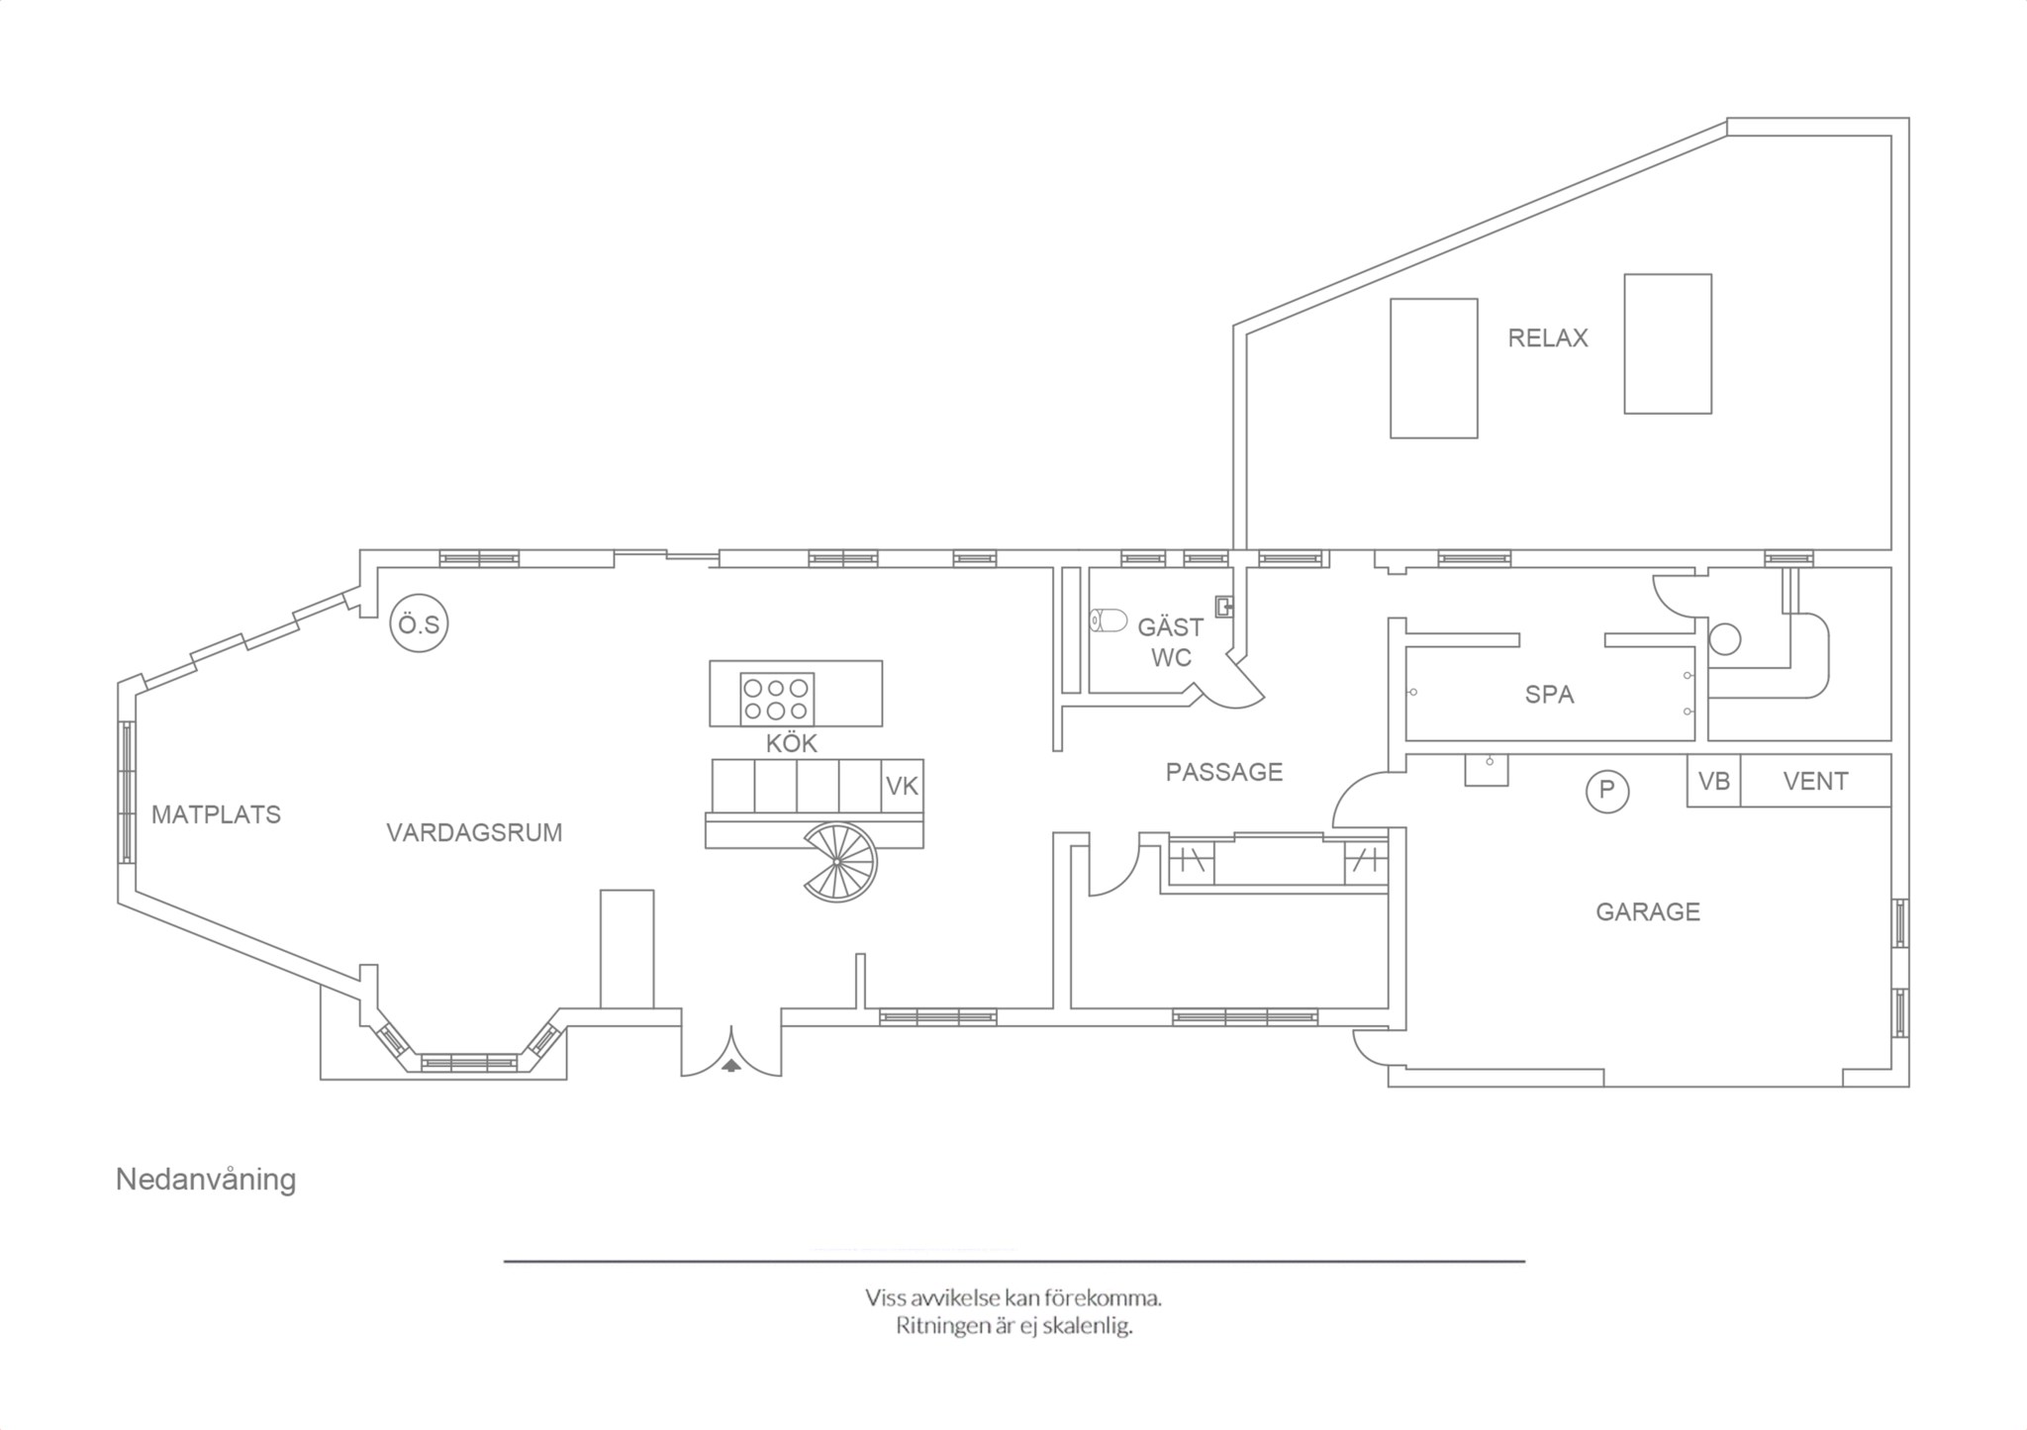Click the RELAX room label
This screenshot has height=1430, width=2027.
tap(1547, 338)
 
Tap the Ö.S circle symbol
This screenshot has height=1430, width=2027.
tap(419, 623)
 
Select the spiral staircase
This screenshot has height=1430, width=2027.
tap(839, 862)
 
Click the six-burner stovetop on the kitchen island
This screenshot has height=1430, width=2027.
tap(777, 699)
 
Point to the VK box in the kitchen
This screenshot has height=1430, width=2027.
tap(902, 787)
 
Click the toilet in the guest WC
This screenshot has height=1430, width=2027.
tap(1109, 620)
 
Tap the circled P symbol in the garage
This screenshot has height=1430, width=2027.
tap(1606, 791)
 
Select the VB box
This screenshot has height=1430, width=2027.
tap(1713, 781)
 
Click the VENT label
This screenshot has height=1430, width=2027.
tap(1815, 782)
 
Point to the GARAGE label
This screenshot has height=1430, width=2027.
tap(1648, 911)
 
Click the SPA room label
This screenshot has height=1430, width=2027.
tap(1549, 695)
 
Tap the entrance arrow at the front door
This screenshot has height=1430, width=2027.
tap(730, 1065)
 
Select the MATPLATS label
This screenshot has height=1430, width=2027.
tap(216, 814)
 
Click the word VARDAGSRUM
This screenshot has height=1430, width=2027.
tap(474, 833)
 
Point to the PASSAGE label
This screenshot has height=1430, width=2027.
tap(1223, 772)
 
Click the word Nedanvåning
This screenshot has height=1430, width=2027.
tap(206, 1180)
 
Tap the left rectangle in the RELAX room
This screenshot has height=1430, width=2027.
tap(1433, 368)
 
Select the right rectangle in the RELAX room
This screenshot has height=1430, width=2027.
tap(1668, 343)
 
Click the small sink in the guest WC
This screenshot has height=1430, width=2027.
tap(1224, 605)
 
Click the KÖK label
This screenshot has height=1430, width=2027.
tap(791, 743)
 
